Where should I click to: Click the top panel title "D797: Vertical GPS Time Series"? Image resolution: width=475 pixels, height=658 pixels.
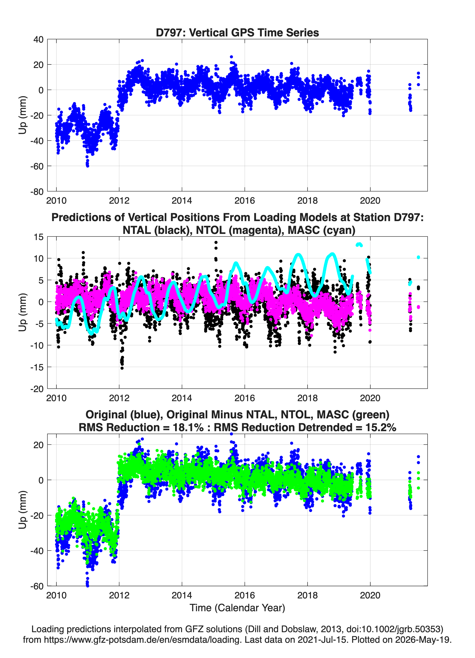(237, 32)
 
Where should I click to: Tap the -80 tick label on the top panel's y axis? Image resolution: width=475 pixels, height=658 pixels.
(37, 192)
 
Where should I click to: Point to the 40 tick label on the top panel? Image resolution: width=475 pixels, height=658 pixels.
(39, 39)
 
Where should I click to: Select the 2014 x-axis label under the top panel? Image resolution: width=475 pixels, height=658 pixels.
(182, 201)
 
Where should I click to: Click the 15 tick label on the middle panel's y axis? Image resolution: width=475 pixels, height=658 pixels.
(39, 237)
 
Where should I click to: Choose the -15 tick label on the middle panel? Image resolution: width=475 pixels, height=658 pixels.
(37, 367)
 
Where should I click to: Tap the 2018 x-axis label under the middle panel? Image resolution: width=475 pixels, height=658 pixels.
(307, 398)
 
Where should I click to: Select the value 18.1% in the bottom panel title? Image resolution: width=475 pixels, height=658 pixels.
(188, 427)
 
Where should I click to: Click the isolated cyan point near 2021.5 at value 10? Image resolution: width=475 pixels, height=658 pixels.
(418, 257)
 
